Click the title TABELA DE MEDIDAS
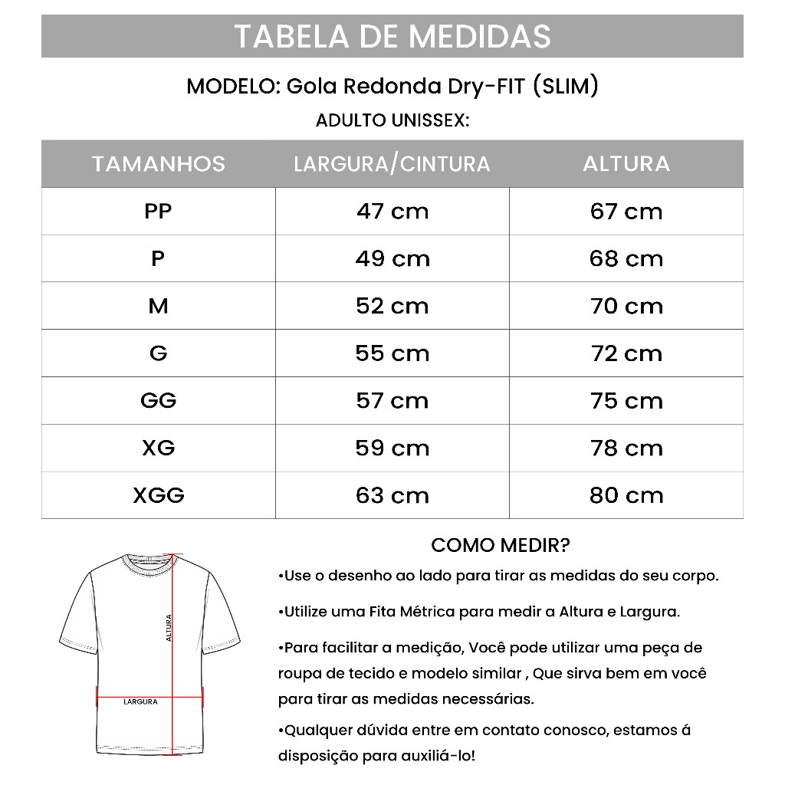tap(392, 36)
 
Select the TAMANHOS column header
tap(159, 163)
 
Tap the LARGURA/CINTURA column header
tap(392, 163)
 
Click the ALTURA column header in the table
tap(626, 163)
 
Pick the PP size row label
tap(158, 211)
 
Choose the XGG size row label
tap(159, 495)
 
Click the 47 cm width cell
tap(392, 211)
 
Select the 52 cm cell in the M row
tap(392, 306)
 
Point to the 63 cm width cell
tap(392, 495)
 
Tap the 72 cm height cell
tap(626, 353)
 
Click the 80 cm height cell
tap(626, 495)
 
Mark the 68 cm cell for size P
tap(626, 258)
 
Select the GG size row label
tap(159, 400)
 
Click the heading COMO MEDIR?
tap(500, 545)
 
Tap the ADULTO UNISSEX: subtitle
tap(392, 121)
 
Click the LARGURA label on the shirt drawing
tap(140, 701)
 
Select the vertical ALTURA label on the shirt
tap(169, 628)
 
